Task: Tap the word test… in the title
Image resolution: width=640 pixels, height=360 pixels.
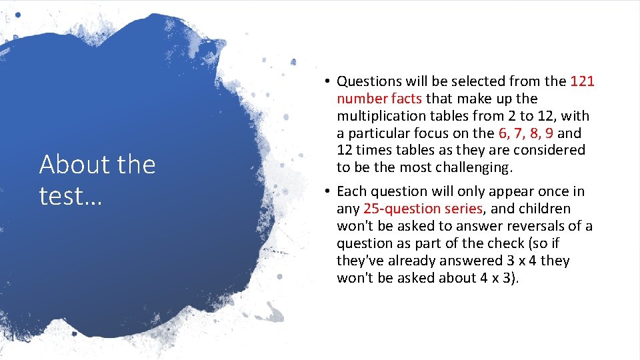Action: point(70,196)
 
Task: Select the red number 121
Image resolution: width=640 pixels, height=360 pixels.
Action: point(582,81)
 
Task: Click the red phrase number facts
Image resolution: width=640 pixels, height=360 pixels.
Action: point(379,99)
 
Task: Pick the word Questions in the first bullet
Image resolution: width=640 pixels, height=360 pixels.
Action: point(368,81)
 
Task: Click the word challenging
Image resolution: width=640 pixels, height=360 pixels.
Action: point(471,167)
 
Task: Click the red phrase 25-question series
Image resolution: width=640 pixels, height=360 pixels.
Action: point(423,209)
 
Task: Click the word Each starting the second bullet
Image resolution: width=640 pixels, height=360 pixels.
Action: point(351,192)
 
